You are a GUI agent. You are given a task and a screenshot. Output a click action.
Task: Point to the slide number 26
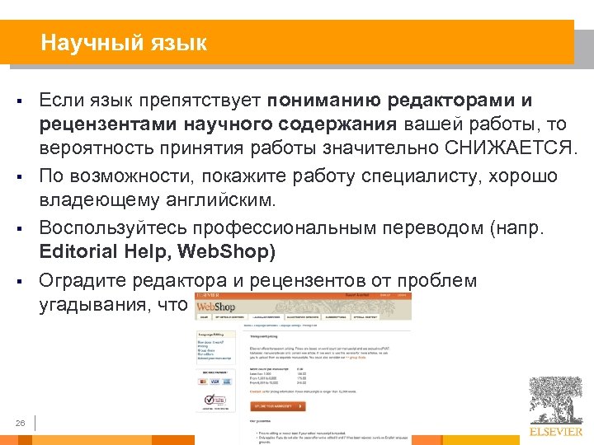[21, 424]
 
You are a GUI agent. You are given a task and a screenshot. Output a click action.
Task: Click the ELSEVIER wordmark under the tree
[556, 430]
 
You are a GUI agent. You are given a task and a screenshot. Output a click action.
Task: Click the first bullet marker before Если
[16, 103]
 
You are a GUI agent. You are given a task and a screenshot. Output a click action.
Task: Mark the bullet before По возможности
[16, 177]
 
